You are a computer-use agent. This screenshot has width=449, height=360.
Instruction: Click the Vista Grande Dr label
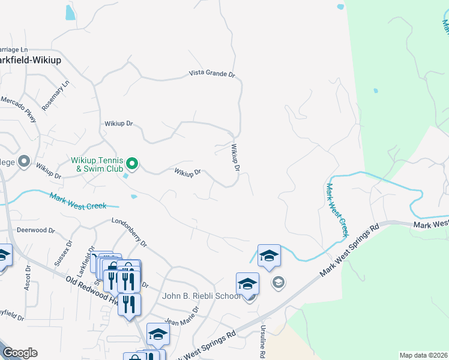pos(212,74)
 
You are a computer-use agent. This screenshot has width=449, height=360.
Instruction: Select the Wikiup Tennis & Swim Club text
pos(97,164)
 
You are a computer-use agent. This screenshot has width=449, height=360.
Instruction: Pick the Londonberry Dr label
pos(129,232)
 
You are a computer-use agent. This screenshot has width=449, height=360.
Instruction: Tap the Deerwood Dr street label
pos(35,230)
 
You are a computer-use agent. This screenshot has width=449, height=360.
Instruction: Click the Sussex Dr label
pos(64,253)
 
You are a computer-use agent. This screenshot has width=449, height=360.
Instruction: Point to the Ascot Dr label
pos(28,274)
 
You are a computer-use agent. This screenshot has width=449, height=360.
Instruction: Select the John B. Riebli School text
pos(202,296)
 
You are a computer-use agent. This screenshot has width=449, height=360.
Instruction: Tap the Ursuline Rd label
pos(262,342)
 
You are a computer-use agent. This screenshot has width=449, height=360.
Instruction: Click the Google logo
pos(20,353)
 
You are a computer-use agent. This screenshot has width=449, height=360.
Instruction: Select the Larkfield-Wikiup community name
pos(30,60)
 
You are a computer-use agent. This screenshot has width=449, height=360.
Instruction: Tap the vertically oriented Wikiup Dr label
pos(235,157)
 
